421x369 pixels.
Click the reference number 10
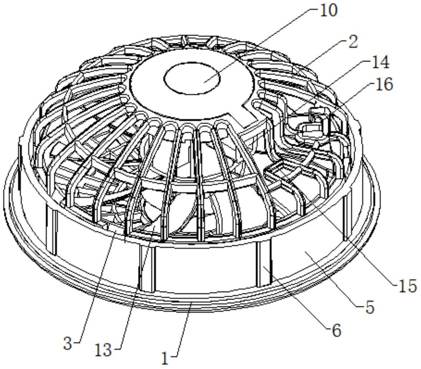click(327, 11)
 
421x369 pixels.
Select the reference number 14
click(380, 62)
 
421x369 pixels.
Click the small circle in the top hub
click(192, 79)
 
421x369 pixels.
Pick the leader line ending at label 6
click(297, 298)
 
